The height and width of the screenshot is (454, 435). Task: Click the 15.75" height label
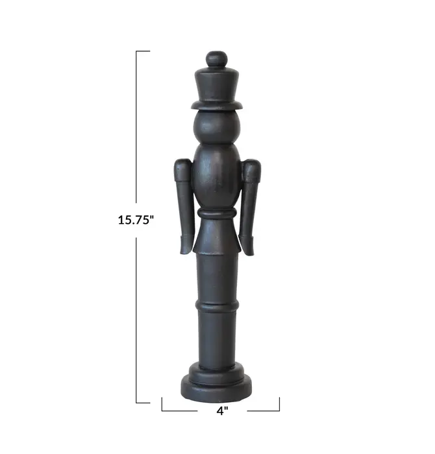[x=136, y=219]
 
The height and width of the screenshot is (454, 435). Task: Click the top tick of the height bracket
[x=143, y=51]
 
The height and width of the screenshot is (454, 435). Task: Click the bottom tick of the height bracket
[x=143, y=403]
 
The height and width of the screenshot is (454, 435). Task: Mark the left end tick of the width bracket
[x=162, y=404]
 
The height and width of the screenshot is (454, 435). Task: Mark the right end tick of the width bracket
[x=279, y=404]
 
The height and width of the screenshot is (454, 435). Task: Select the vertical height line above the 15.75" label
[x=137, y=130]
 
